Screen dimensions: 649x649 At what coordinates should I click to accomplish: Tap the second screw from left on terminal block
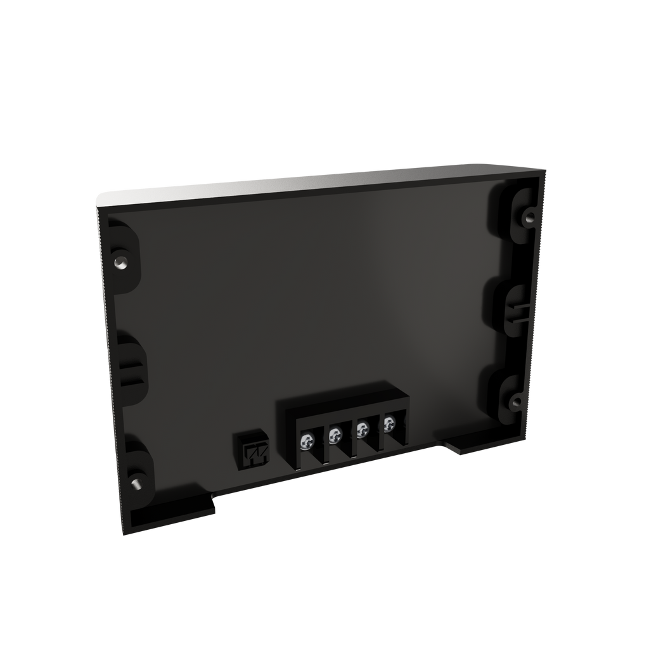coord(335,435)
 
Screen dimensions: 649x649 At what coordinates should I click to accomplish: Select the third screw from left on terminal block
coord(363,428)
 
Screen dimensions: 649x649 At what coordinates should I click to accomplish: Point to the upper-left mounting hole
coord(120,261)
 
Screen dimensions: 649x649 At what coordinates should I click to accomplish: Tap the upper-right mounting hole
coord(528,217)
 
